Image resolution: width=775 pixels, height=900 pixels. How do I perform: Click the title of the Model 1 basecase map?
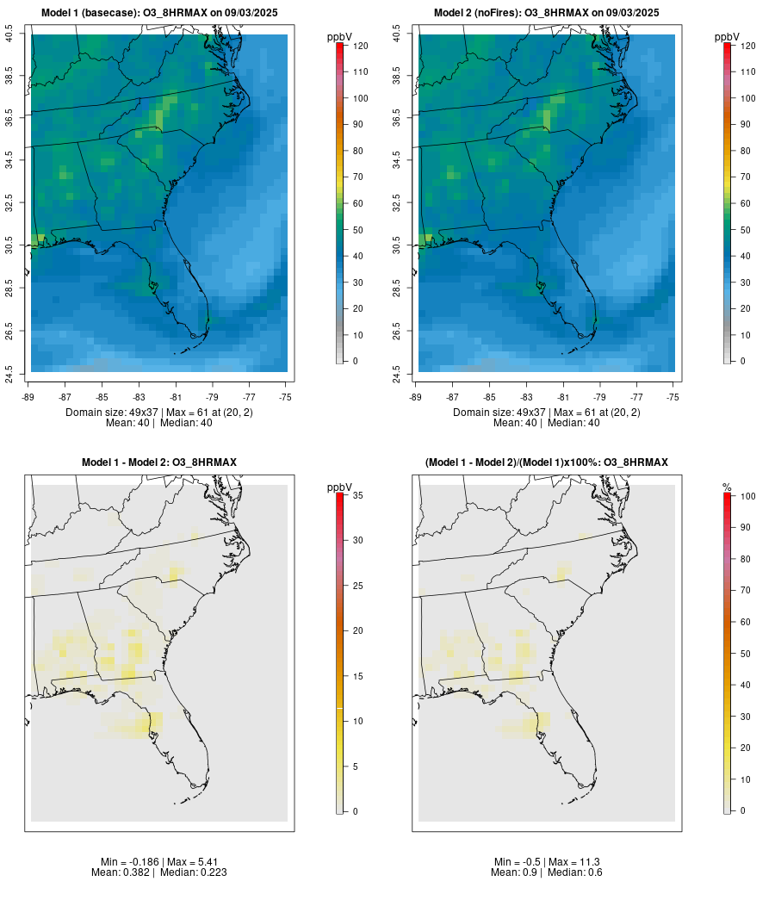159,12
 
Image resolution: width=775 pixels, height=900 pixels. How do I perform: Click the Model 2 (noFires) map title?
547,12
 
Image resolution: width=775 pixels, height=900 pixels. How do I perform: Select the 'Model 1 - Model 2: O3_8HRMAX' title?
159,462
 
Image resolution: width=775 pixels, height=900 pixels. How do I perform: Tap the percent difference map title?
547,462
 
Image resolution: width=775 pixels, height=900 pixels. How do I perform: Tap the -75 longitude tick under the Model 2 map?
673,397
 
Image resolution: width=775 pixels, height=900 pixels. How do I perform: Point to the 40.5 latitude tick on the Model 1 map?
9,34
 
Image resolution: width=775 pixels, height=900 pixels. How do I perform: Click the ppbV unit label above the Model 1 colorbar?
339,37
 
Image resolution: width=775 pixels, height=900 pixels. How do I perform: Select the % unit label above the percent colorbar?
727,487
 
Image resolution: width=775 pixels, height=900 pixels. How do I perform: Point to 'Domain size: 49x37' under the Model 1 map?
107,413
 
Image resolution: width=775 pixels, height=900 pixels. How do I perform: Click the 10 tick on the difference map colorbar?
356,721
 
